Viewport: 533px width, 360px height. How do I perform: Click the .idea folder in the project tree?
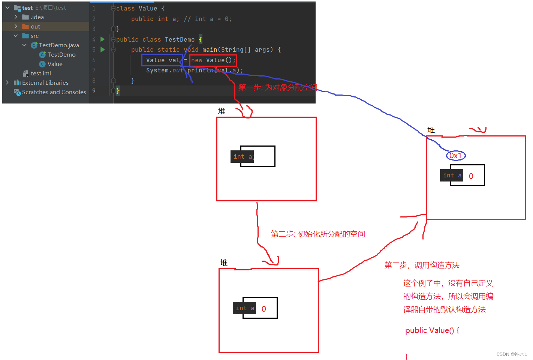(37, 17)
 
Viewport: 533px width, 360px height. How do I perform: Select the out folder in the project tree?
(35, 27)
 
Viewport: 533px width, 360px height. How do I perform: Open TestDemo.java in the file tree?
(58, 45)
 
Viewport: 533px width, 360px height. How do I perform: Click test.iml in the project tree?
(40, 73)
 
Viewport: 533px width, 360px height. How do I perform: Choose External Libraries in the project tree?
(45, 83)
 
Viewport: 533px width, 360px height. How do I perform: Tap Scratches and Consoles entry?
(54, 92)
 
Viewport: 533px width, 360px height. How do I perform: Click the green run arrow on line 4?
(102, 39)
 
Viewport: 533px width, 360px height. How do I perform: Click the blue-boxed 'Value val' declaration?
(162, 60)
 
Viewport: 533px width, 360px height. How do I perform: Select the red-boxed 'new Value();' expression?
(213, 60)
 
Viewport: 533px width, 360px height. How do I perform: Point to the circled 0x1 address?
(456, 156)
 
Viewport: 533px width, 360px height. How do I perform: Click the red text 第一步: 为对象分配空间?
(277, 87)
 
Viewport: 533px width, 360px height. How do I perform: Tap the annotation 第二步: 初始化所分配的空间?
(317, 234)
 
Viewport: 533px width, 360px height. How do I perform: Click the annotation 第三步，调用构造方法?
(422, 265)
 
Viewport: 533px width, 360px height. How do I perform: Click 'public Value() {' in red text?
(432, 330)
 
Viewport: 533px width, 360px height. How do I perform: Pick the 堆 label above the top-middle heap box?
(222, 111)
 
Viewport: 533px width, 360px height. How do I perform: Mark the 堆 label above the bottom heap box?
(224, 263)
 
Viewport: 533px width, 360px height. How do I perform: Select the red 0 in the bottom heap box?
(264, 309)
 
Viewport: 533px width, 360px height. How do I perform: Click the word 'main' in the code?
(210, 50)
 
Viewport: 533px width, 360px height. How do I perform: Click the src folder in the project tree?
(34, 36)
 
